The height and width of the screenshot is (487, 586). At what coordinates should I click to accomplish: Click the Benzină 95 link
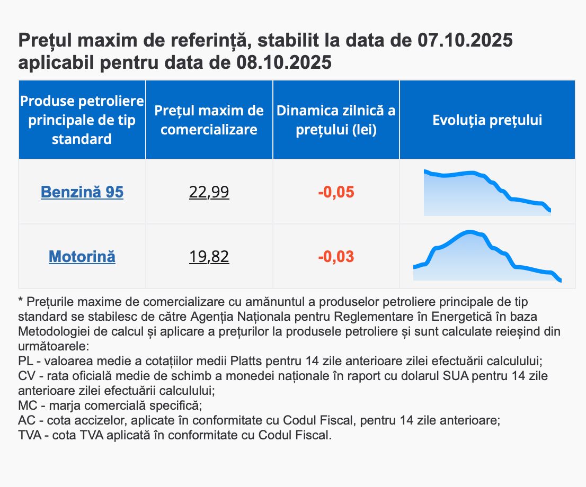tap(82, 192)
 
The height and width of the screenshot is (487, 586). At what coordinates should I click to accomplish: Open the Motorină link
tap(82, 257)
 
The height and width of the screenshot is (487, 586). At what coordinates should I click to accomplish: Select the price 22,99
tap(209, 192)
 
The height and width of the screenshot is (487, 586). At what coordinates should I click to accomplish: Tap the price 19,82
tap(209, 257)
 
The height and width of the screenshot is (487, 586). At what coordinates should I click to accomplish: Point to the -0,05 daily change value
tap(336, 192)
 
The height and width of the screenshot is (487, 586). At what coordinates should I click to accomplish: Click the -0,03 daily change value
tap(336, 257)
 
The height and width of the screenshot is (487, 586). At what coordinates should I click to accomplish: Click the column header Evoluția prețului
tap(487, 120)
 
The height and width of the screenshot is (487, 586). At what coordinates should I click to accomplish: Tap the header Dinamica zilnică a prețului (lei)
tap(336, 120)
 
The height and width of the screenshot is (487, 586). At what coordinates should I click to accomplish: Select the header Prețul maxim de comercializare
tap(209, 120)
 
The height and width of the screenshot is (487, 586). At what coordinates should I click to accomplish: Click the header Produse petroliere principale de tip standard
tap(82, 120)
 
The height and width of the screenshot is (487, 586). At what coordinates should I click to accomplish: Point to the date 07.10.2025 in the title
tap(465, 40)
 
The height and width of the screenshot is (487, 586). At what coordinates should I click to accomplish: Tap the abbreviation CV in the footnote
tap(26, 376)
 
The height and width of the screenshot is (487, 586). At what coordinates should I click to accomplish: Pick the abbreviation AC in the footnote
tap(26, 421)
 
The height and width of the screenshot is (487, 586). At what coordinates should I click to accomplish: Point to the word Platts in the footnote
tap(247, 362)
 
